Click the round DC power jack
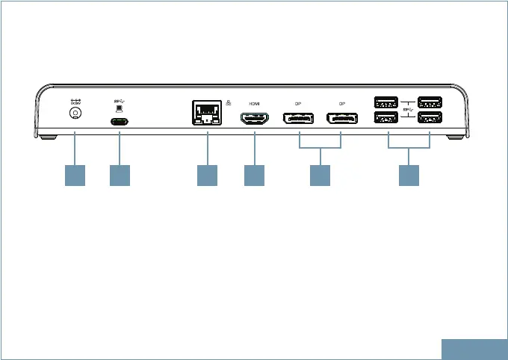[75, 114]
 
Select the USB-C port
[120, 122]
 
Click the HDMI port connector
[254, 117]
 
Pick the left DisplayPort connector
[298, 117]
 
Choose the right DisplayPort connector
[341, 117]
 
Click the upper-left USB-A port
[387, 102]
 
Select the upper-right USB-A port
[430, 102]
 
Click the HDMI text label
[254, 103]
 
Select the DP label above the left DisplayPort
[298, 103]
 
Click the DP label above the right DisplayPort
[342, 103]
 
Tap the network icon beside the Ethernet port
[227, 103]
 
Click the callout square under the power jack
[75, 175]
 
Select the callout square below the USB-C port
[120, 175]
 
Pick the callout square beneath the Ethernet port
[207, 175]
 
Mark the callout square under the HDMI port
[254, 175]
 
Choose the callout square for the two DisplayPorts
[320, 175]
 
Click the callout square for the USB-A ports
[409, 175]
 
